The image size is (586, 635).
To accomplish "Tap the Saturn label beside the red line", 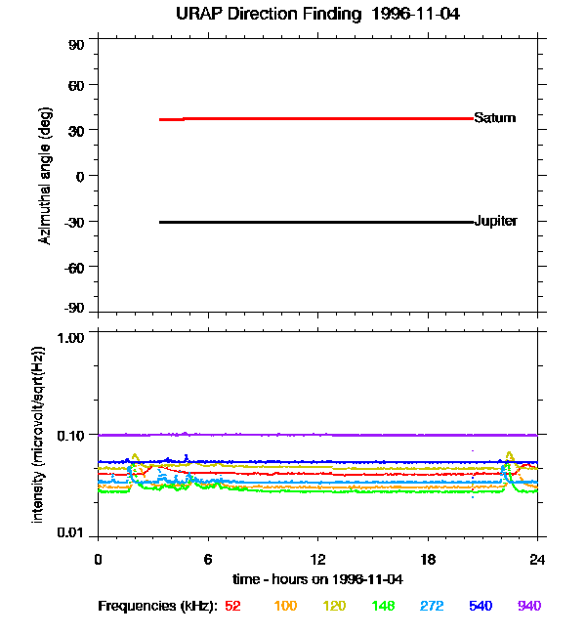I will pyautogui.click(x=494, y=118).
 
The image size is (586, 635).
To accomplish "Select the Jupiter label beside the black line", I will pyautogui.click(x=495, y=222).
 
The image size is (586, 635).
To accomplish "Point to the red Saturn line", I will pyautogui.click(x=322, y=118).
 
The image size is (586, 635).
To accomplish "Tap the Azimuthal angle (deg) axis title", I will pyautogui.click(x=46, y=177).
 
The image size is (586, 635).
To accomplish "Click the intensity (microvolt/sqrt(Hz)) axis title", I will pyautogui.click(x=39, y=433).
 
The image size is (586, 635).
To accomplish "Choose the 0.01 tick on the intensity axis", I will pyautogui.click(x=71, y=533).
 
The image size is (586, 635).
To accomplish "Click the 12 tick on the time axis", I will pyautogui.click(x=317, y=559).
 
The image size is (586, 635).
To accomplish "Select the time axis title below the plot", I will pyautogui.click(x=316, y=579).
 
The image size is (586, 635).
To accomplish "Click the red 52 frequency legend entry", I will pyautogui.click(x=232, y=607).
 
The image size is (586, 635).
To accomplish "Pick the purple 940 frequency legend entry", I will pyautogui.click(x=528, y=607).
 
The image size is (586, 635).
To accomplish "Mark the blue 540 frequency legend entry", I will pyautogui.click(x=481, y=607).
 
